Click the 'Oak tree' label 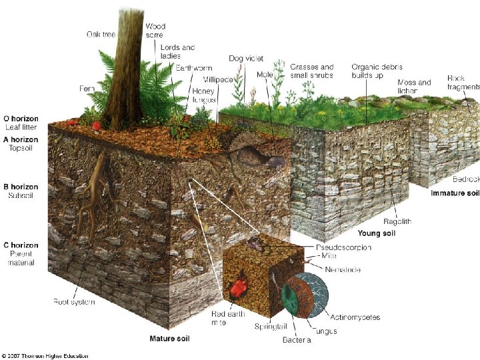pyautogui.click(x=102, y=34)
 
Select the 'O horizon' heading pyautogui.click(x=22, y=119)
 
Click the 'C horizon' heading pyautogui.click(x=21, y=245)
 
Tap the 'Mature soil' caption pyautogui.click(x=169, y=339)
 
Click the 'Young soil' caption pyautogui.click(x=377, y=233)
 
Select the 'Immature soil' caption pyautogui.click(x=455, y=193)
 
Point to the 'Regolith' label pyautogui.click(x=397, y=221)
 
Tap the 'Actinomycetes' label pyautogui.click(x=355, y=317)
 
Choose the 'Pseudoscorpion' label pyautogui.click(x=343, y=247)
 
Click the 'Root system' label pyautogui.click(x=74, y=302)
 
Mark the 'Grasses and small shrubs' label pyautogui.click(x=312, y=71)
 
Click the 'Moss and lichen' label pyautogui.click(x=414, y=87)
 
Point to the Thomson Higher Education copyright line pyautogui.click(x=45, y=356)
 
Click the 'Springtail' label pyautogui.click(x=271, y=327)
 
